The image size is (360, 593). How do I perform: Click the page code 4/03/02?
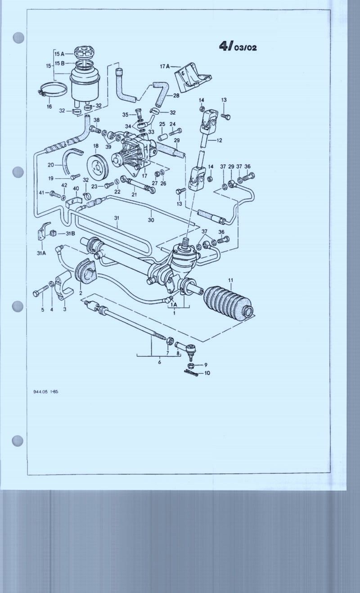click(238, 46)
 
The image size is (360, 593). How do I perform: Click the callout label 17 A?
click(165, 66)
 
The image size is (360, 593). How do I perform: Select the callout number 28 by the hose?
click(176, 95)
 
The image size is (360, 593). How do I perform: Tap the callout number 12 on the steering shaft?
click(219, 140)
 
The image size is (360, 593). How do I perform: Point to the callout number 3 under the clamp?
click(64, 310)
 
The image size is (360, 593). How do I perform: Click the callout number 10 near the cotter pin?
click(207, 373)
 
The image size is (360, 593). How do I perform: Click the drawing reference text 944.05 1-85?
click(45, 391)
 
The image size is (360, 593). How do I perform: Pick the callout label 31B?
click(70, 233)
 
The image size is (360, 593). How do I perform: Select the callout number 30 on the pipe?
click(151, 220)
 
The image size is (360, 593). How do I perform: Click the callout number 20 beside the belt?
click(51, 165)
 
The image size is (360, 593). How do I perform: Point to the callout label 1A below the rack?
click(173, 305)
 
